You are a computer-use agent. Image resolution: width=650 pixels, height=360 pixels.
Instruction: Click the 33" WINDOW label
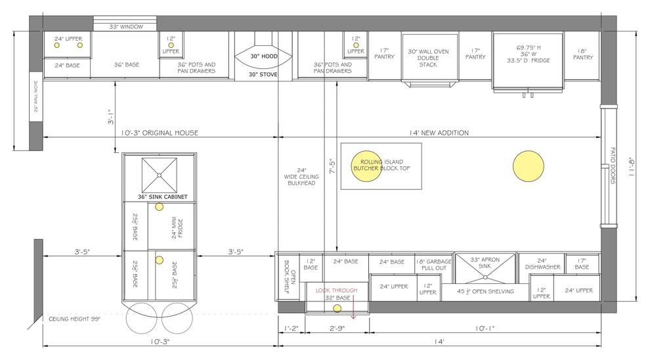126,26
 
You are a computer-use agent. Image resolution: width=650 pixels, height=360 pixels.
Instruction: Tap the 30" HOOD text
264,56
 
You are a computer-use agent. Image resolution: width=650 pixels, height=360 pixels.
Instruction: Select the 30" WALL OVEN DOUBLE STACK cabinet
429,58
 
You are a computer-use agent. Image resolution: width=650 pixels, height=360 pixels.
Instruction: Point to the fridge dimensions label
528,54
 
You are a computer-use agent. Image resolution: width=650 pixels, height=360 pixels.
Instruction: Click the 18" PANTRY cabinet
582,56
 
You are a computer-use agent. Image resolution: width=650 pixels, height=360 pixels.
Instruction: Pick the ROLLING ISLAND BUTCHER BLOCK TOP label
381,165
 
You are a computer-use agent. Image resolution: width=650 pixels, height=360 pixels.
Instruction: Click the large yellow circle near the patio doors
528,166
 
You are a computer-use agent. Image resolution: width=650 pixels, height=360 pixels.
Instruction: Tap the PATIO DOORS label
613,166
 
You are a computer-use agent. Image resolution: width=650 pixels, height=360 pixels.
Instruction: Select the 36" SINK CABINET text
163,196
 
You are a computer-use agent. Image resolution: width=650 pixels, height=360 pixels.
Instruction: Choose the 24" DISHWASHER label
542,264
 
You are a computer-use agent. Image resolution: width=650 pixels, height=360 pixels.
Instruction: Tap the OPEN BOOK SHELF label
290,276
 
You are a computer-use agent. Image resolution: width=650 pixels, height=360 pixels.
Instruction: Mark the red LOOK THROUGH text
336,290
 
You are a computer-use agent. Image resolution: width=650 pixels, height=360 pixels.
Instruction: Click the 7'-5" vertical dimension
332,166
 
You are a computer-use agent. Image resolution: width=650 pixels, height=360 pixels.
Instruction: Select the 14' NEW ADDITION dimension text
439,133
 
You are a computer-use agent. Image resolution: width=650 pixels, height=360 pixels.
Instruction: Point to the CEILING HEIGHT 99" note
75,319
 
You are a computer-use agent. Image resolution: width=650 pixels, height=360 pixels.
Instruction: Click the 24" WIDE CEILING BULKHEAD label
301,176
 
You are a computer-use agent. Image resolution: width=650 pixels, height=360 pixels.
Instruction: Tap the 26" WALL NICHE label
36,97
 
